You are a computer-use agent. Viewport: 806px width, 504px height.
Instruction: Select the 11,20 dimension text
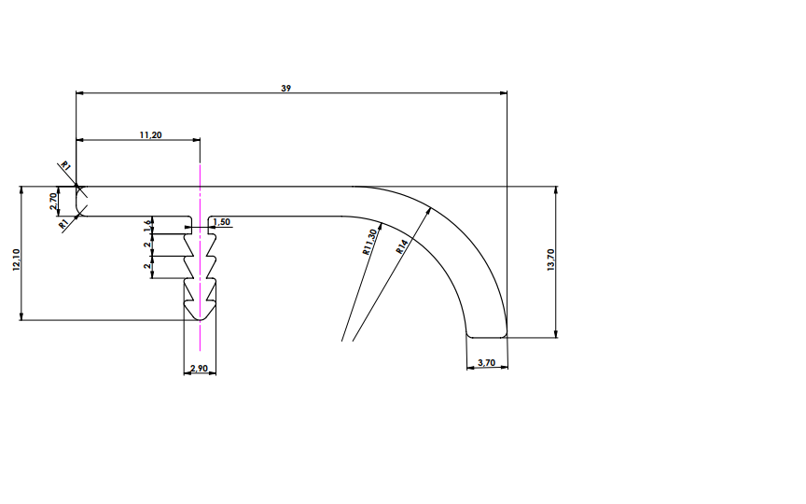[150, 134]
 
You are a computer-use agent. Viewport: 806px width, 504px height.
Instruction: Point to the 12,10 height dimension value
[15, 259]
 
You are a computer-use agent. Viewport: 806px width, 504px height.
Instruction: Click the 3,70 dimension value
[486, 361]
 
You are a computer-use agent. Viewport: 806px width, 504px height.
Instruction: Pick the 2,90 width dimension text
[199, 369]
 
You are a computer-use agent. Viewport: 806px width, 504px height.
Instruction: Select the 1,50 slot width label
[222, 221]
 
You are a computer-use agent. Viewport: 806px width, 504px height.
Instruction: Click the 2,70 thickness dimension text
[55, 200]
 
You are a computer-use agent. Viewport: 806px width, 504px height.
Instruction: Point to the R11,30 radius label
[368, 242]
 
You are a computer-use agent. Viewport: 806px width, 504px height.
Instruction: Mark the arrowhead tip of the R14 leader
[435, 205]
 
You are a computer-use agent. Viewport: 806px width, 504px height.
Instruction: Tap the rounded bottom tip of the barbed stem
[200, 319]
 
